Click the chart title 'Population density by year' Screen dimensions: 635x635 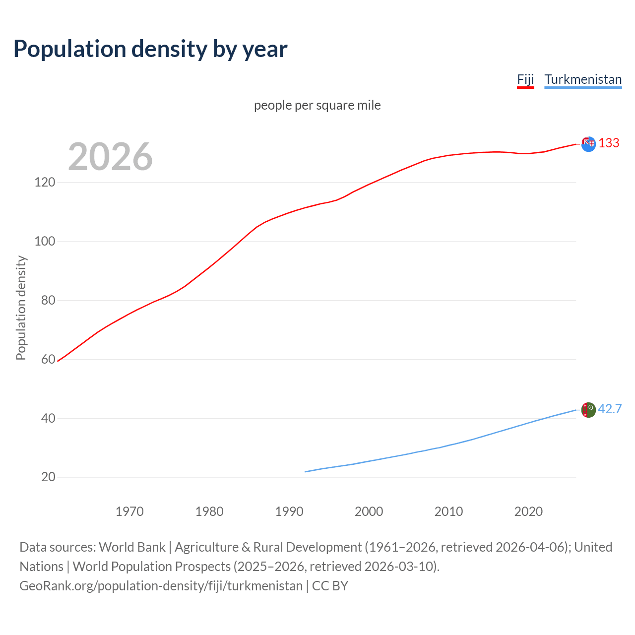point(150,49)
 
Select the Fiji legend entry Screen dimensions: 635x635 point(525,79)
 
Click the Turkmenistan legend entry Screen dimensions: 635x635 point(583,79)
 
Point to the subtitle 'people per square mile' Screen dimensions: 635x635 point(317,105)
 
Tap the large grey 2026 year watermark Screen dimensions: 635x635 point(110,157)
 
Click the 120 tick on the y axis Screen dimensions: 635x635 point(45,183)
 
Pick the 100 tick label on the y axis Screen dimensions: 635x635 point(45,242)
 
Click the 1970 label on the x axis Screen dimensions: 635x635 point(129,511)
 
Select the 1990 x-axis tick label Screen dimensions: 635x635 point(289,511)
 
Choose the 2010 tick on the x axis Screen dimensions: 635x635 point(448,511)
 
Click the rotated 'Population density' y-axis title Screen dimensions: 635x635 point(21,308)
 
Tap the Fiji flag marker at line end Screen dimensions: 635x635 point(588,144)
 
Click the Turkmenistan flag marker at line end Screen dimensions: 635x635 point(588,410)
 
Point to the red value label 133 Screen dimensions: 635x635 point(609,143)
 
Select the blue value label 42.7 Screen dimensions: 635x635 point(610,409)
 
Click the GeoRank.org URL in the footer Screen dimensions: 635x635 point(161,586)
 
